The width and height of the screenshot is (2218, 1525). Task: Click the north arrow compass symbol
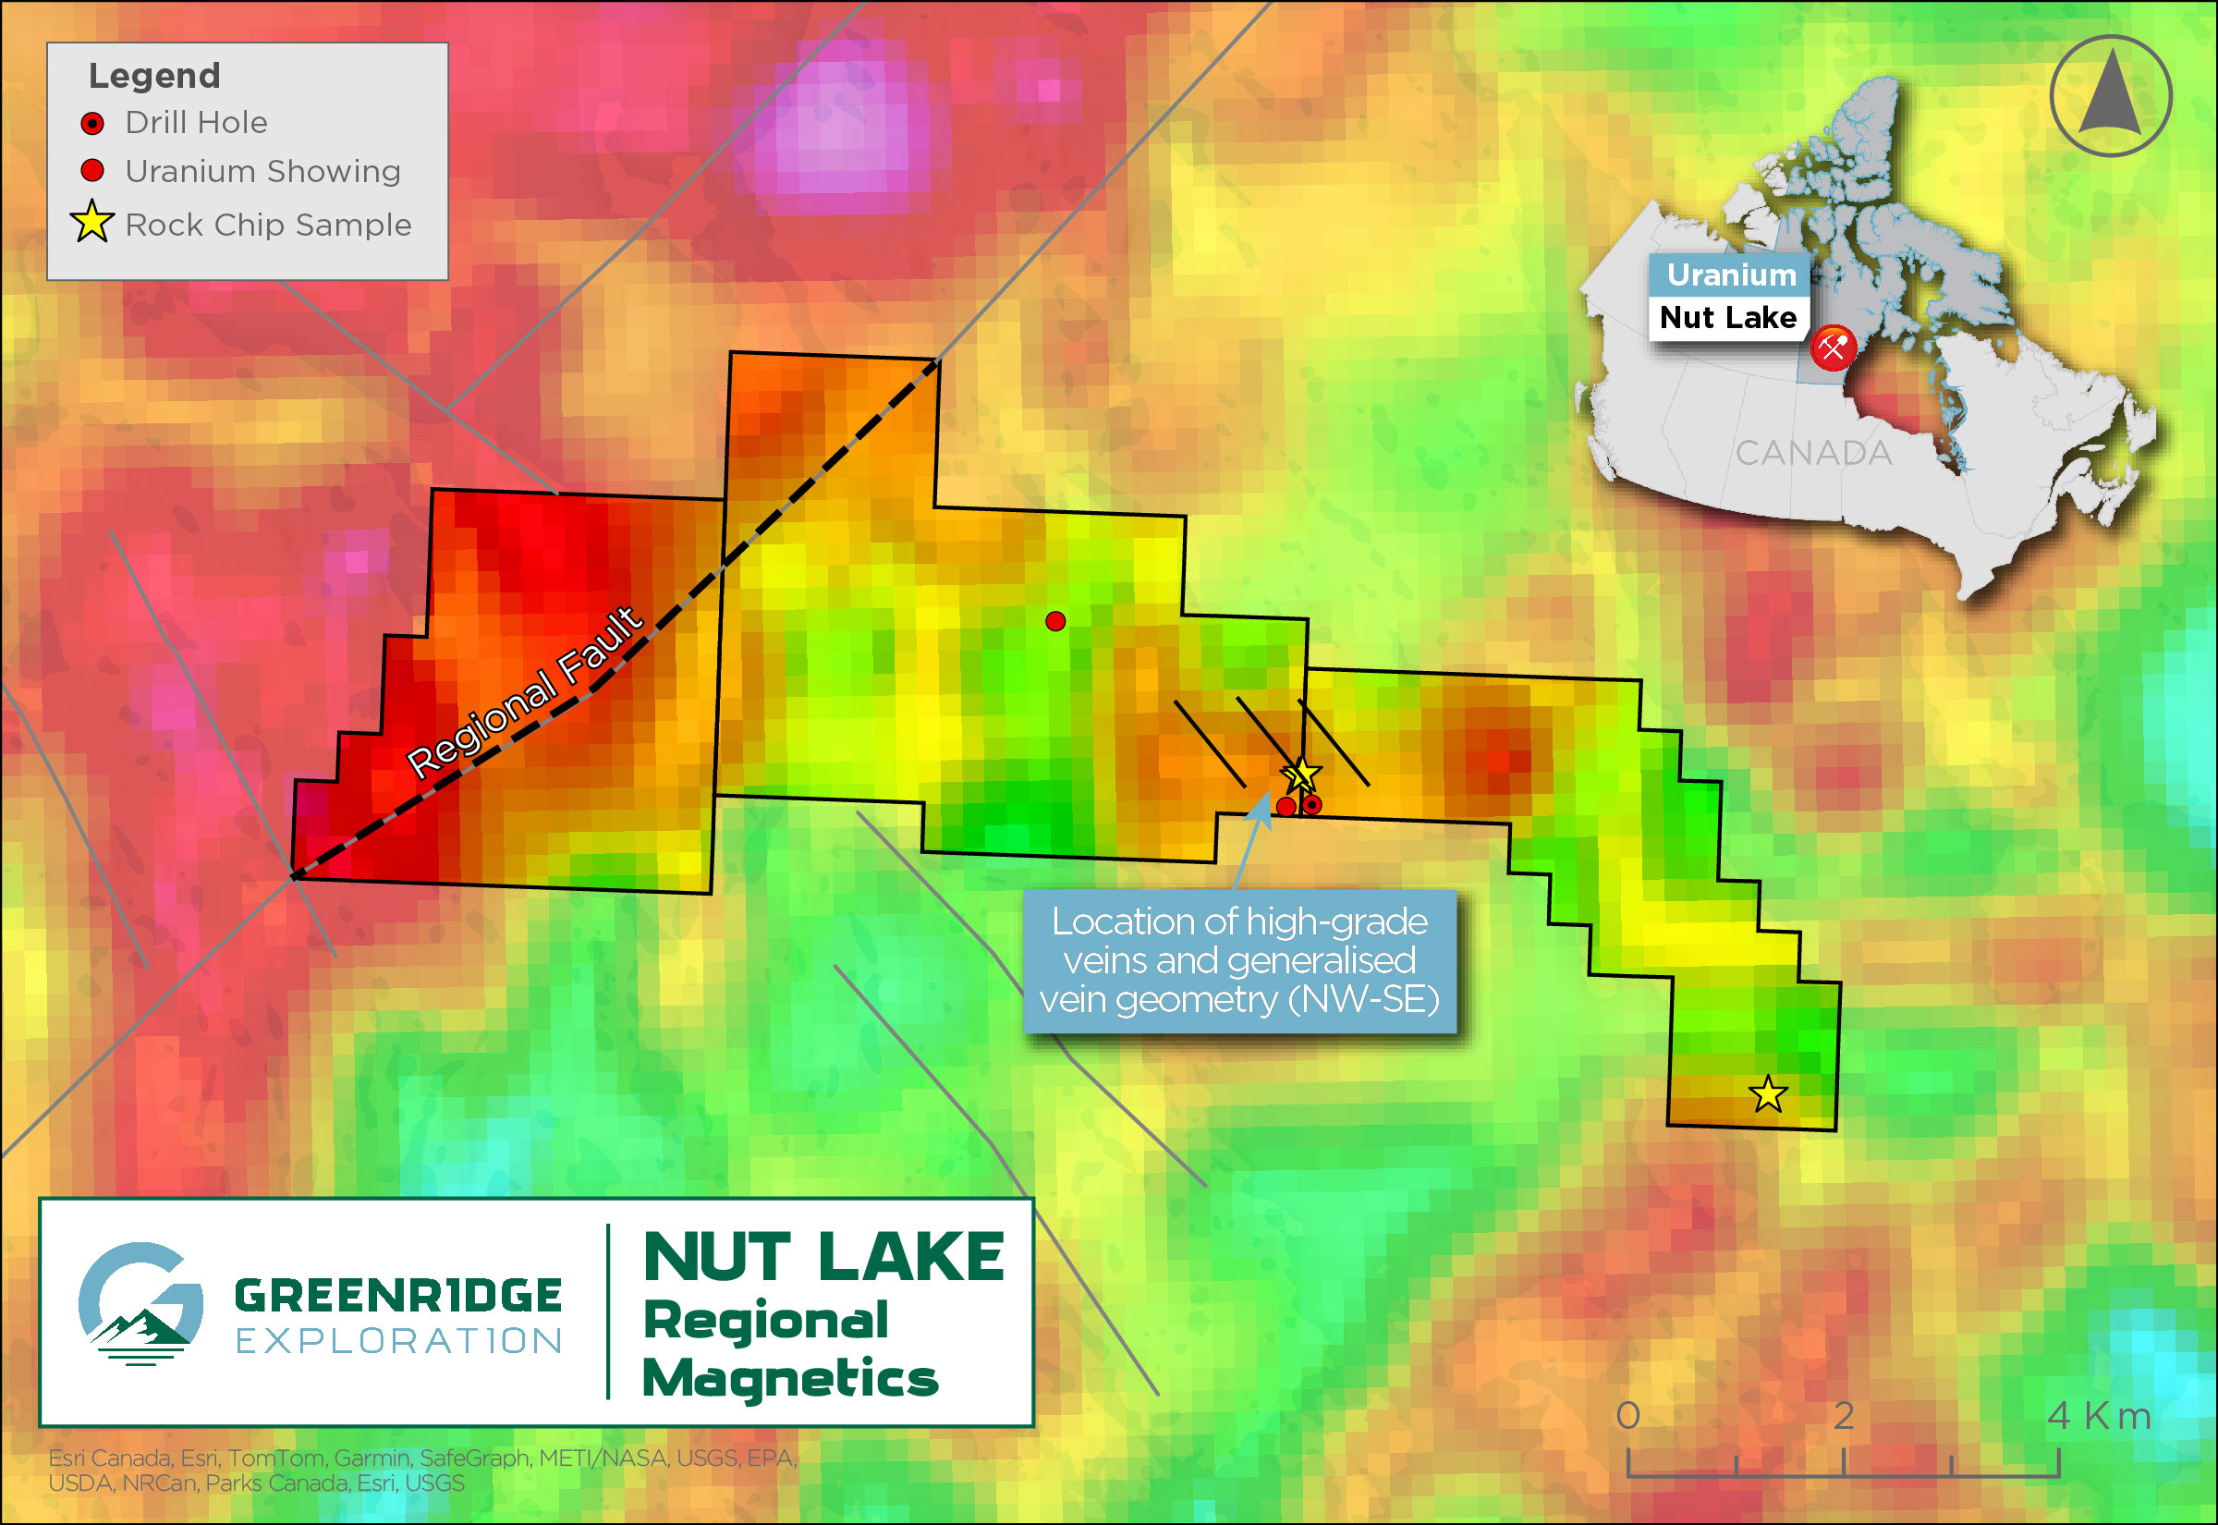click(x=2110, y=95)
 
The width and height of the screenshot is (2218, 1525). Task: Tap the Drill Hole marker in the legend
click(x=92, y=123)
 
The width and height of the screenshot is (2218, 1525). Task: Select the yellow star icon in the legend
click(x=92, y=222)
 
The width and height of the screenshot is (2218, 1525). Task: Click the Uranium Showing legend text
click(x=262, y=171)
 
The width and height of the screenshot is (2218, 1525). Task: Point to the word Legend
click(x=153, y=76)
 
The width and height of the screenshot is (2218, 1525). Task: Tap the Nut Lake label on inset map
click(x=1727, y=317)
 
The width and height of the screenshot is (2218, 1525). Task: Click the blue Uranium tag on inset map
click(x=1730, y=275)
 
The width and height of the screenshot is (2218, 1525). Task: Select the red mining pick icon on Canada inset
click(x=1832, y=348)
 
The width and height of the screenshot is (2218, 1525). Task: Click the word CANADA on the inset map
click(x=1812, y=453)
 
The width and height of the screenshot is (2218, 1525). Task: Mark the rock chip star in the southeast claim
click(x=1767, y=1094)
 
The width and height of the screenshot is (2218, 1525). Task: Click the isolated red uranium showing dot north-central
click(x=1054, y=621)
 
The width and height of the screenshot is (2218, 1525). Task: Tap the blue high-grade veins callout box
click(x=1239, y=960)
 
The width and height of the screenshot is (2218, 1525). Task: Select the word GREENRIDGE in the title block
click(x=397, y=1297)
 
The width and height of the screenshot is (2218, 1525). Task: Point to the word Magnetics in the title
click(x=790, y=1378)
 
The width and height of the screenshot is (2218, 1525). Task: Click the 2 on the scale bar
click(x=1843, y=1415)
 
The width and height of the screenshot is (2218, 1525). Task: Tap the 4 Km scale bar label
click(x=2099, y=1415)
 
